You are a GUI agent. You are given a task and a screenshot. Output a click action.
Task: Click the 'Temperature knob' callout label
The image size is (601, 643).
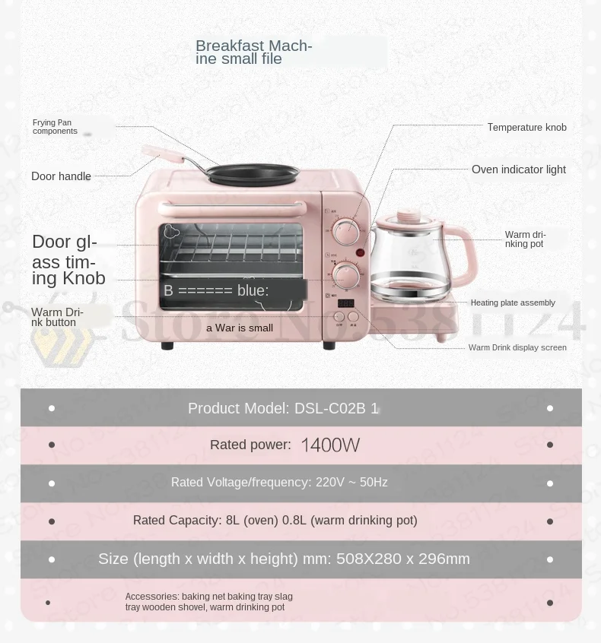pyautogui.click(x=526, y=128)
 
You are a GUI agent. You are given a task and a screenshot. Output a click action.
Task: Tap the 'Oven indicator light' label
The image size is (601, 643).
pyautogui.click(x=518, y=169)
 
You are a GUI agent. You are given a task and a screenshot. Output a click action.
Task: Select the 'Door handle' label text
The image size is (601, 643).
pyautogui.click(x=61, y=176)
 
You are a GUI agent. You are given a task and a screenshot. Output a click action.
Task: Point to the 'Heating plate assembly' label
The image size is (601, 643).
pyautogui.click(x=513, y=302)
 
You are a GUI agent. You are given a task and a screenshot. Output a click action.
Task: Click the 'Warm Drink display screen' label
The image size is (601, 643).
pyautogui.click(x=517, y=347)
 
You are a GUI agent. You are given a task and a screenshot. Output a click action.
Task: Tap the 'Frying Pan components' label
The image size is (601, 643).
pyautogui.click(x=55, y=127)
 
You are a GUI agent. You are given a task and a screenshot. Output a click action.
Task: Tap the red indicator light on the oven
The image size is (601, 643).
pyautogui.click(x=361, y=252)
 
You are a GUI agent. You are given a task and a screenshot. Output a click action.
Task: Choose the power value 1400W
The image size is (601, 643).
pyautogui.click(x=330, y=445)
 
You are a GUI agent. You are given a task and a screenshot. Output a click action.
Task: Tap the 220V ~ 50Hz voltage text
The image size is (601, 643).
pyautogui.click(x=351, y=483)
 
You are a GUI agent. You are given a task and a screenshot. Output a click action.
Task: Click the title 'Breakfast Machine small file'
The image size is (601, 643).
pyautogui.click(x=253, y=52)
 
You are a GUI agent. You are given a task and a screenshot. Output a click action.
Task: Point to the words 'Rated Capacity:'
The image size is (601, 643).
pyautogui.click(x=177, y=521)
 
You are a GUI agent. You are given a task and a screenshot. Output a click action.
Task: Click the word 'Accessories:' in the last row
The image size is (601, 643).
pyautogui.click(x=151, y=597)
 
